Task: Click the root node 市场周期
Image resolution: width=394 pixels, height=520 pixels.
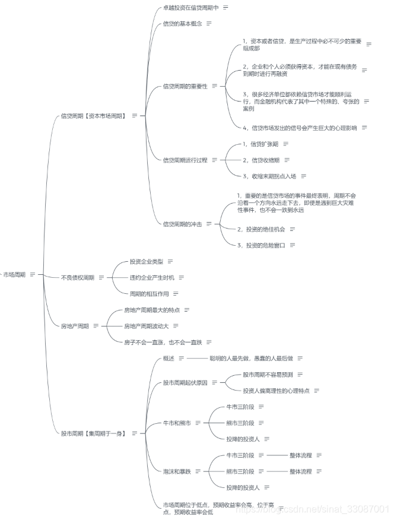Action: coord(14,275)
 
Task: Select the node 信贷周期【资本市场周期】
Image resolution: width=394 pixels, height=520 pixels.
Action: coord(93,116)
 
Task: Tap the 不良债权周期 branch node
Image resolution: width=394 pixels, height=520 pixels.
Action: coord(78,277)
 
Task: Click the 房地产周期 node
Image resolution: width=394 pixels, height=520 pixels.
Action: coord(75,326)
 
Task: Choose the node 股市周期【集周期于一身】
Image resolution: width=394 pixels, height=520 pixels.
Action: coord(93,434)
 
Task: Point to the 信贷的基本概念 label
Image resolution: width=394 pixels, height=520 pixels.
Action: coord(182,24)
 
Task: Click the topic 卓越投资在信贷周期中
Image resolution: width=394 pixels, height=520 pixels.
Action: coord(191,8)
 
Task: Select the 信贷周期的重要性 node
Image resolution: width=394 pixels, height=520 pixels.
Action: coord(185,87)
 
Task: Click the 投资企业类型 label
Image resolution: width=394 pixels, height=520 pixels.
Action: coord(146,261)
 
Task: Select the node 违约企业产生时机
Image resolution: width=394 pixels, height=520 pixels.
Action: coord(151,277)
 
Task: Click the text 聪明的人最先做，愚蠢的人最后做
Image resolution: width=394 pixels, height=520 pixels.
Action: coord(251,359)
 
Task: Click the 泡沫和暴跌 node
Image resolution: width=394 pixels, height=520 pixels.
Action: coord(177,471)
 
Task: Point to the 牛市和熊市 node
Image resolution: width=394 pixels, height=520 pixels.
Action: coord(177,423)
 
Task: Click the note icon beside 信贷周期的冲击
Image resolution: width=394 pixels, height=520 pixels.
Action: coord(209,224)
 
